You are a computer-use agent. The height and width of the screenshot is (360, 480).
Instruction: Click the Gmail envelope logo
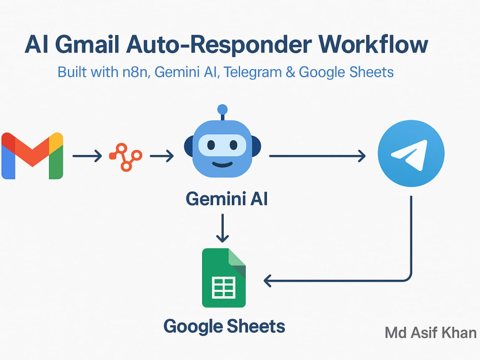click(x=32, y=156)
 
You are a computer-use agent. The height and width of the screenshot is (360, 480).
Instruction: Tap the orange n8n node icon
click(x=126, y=157)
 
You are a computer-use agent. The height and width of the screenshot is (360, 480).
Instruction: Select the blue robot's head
click(x=223, y=149)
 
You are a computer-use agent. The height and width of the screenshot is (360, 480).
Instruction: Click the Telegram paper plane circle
click(x=411, y=154)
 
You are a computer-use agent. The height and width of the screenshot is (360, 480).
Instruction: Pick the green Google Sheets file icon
click(x=224, y=277)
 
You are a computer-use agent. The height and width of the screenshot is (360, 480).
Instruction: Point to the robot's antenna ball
click(x=223, y=109)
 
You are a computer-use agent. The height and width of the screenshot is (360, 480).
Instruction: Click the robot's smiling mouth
click(x=223, y=165)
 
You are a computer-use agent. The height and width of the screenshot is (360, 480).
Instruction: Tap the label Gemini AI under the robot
click(x=227, y=199)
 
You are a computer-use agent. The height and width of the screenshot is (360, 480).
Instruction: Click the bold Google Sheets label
click(x=224, y=326)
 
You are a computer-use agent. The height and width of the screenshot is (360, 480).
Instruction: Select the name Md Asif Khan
click(x=431, y=333)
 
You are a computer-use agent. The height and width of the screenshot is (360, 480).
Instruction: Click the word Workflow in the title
click(x=373, y=45)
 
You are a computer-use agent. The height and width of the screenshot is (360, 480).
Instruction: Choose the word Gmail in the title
click(x=87, y=45)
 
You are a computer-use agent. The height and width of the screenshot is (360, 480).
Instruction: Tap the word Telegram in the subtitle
click(x=252, y=72)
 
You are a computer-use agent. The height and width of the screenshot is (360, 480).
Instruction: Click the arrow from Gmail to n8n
click(x=87, y=156)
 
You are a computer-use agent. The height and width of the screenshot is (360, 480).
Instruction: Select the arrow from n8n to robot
click(x=162, y=156)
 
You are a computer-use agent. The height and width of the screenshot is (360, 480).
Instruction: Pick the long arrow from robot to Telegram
click(x=317, y=156)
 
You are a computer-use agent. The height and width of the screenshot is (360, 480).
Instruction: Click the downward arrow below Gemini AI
click(x=223, y=228)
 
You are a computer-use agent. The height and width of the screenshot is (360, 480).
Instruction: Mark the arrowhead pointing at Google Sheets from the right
click(x=267, y=281)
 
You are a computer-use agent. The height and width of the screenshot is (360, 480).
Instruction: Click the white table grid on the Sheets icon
click(x=224, y=288)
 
